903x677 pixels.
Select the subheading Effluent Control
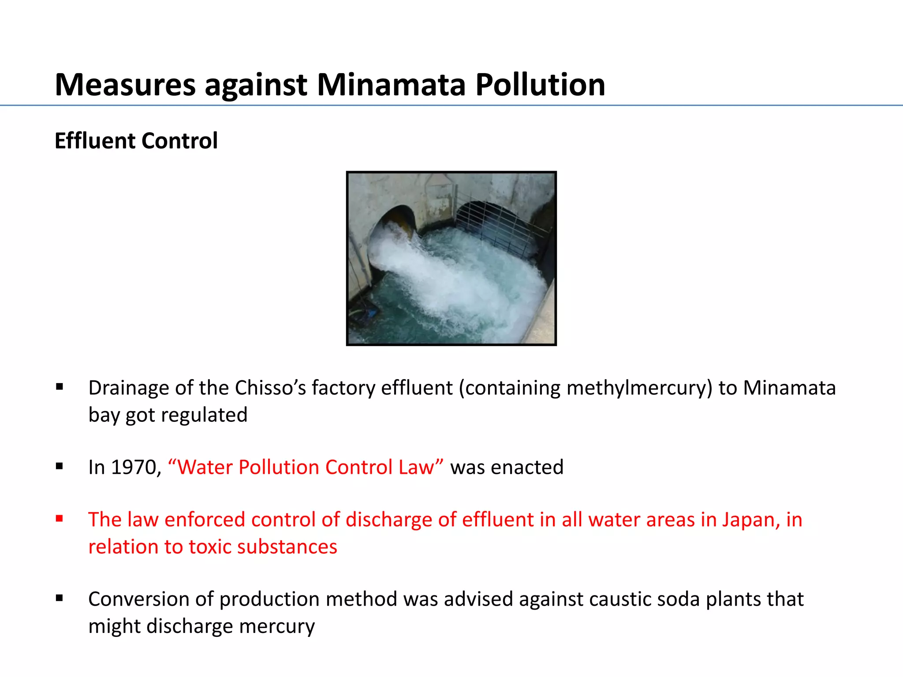[x=136, y=141]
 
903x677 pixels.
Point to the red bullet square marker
[x=60, y=519]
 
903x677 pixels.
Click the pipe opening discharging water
[x=399, y=220]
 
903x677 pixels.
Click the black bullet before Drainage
[x=60, y=387]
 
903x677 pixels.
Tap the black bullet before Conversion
[x=60, y=598]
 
